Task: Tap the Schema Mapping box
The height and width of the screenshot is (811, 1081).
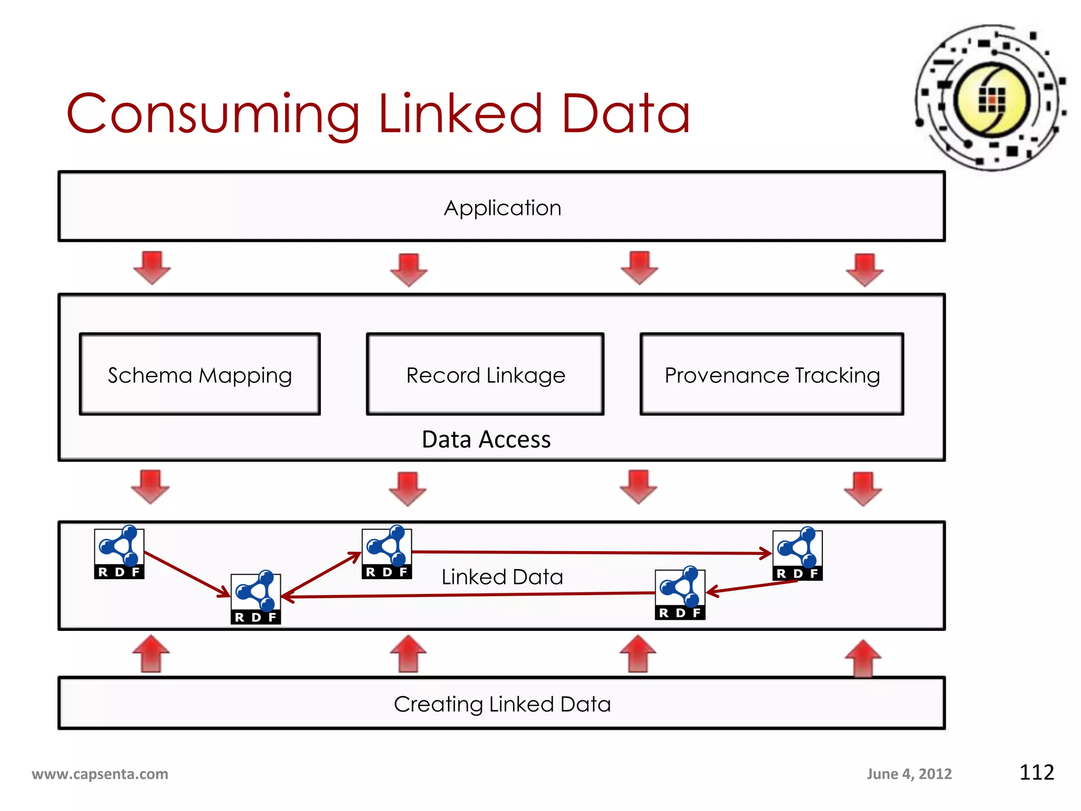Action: click(x=200, y=374)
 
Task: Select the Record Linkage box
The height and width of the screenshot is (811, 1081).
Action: click(x=485, y=374)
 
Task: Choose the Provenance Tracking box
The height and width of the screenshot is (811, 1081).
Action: click(x=772, y=374)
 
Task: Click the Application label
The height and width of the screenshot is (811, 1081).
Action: click(x=502, y=208)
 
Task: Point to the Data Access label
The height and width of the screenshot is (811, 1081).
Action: click(x=486, y=439)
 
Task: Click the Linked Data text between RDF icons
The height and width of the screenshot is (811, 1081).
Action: click(x=502, y=577)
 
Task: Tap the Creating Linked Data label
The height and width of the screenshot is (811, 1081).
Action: click(x=502, y=704)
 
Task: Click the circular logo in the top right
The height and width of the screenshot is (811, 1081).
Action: click(x=991, y=98)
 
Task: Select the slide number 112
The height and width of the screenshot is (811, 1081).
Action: click(x=1036, y=772)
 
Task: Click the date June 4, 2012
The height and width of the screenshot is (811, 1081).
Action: click(x=909, y=774)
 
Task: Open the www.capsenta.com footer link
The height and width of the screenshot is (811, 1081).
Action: click(x=100, y=774)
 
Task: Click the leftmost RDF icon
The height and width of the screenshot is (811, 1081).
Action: click(x=119, y=552)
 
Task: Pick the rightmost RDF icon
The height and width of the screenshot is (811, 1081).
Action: click(x=797, y=554)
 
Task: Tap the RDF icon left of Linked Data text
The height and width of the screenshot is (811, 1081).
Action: click(x=386, y=552)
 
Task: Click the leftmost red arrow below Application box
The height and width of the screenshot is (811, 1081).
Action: click(x=151, y=268)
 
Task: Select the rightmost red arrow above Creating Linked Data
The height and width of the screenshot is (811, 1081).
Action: click(x=862, y=658)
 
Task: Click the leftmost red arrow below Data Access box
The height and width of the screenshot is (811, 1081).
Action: click(x=150, y=487)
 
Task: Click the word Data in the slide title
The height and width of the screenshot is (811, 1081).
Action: click(x=625, y=114)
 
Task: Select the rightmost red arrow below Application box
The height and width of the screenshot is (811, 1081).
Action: click(x=864, y=270)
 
